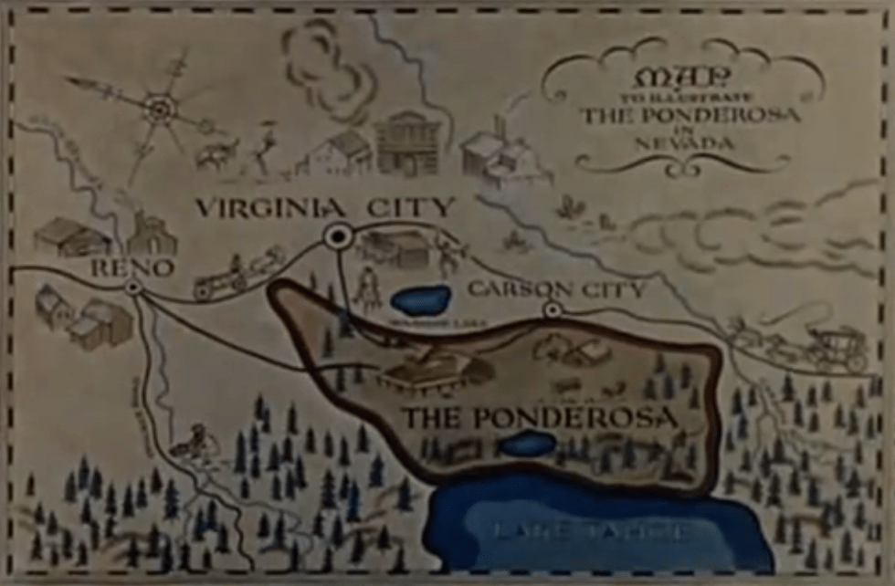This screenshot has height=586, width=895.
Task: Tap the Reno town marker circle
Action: (134, 287)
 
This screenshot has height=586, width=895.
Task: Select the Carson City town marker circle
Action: (551, 310)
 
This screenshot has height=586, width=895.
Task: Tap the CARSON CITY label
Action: (556, 290)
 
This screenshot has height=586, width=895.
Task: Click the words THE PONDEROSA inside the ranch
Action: (541, 419)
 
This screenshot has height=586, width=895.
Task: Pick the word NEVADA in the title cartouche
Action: (693, 143)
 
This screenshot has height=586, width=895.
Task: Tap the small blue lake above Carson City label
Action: (420, 298)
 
